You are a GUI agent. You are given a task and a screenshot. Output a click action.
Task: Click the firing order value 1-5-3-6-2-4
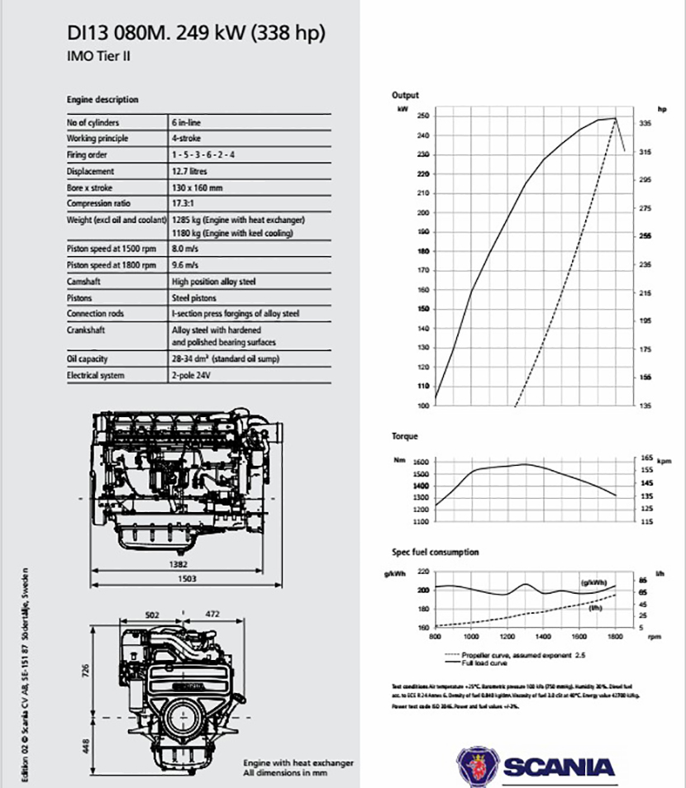click(x=202, y=155)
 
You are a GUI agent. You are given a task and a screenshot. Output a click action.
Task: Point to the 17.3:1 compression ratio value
click(x=183, y=204)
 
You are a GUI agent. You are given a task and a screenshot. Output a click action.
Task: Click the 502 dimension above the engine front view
click(x=151, y=614)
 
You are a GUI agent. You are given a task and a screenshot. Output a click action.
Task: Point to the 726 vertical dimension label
click(x=85, y=671)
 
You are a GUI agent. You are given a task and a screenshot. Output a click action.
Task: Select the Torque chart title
click(x=405, y=435)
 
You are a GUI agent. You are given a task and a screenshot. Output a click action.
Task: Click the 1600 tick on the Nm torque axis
click(x=422, y=462)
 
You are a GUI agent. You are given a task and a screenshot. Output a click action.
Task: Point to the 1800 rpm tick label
click(x=615, y=637)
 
